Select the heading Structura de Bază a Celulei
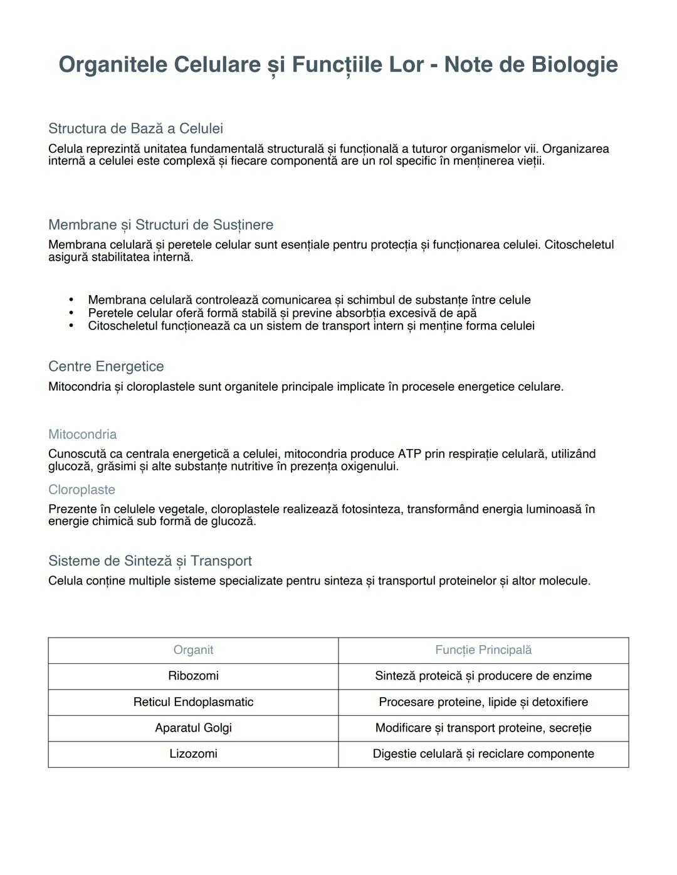coord(135,128)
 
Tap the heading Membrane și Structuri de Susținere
coord(160,225)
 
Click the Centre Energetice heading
coord(106,366)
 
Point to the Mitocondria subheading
coord(82,434)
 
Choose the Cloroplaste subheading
coord(81,490)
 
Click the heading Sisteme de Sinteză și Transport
coord(150,561)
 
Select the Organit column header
coord(193,650)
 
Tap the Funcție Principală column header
coord(483,650)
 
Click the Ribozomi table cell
coord(193,676)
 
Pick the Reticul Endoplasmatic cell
coord(193,702)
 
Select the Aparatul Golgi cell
coord(193,728)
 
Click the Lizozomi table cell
coord(193,754)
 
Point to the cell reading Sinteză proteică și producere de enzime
coord(483,676)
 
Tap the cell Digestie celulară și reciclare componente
coord(483,754)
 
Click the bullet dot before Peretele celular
coord(71,313)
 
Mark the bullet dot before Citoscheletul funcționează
coord(71,326)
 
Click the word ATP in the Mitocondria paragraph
coord(409,454)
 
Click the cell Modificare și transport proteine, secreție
coord(483,728)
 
